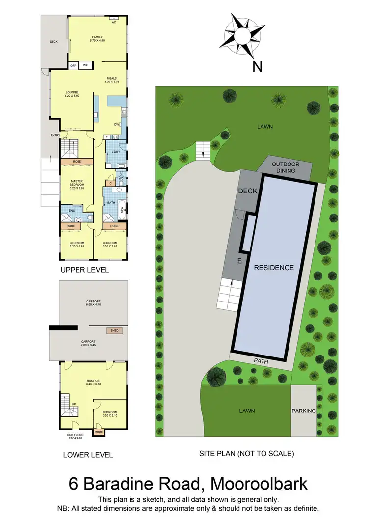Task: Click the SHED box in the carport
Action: (x=115, y=331)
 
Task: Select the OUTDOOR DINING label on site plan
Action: (x=286, y=167)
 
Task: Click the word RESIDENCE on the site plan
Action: (x=274, y=268)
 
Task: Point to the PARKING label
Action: (x=304, y=411)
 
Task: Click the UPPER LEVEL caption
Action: (x=84, y=270)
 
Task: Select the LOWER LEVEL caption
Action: (x=88, y=455)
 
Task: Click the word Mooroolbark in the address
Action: (x=259, y=483)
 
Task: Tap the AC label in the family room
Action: (x=114, y=23)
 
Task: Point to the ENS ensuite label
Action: (x=71, y=212)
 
